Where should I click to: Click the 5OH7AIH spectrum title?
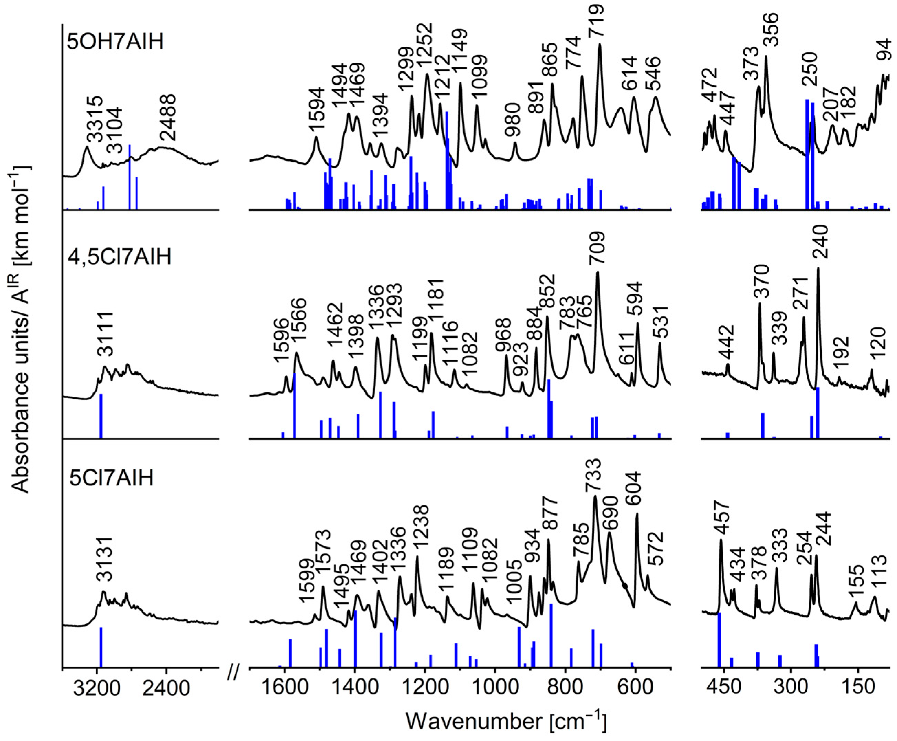pos(115,43)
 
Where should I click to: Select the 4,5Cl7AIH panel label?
pos(120,257)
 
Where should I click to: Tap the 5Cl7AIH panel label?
pos(111,478)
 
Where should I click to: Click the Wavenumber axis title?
pos(506,722)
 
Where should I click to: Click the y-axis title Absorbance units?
pos(21,329)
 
